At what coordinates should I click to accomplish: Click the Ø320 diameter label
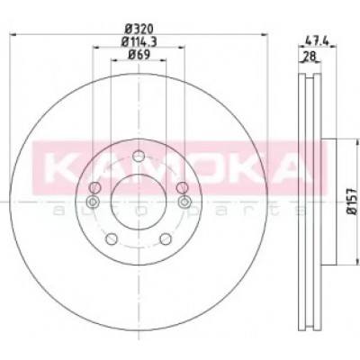pyautogui.click(x=139, y=29)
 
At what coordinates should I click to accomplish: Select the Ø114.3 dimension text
pyautogui.click(x=139, y=41)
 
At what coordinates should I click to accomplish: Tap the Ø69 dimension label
pyautogui.click(x=139, y=55)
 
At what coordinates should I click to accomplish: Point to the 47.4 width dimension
pyautogui.click(x=315, y=40)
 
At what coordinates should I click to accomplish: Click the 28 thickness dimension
pyautogui.click(x=309, y=56)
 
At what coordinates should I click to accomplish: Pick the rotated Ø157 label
pyautogui.click(x=352, y=202)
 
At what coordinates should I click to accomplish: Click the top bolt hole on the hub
pyautogui.click(x=139, y=156)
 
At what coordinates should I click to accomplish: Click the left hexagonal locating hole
pyautogui.click(x=93, y=202)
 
